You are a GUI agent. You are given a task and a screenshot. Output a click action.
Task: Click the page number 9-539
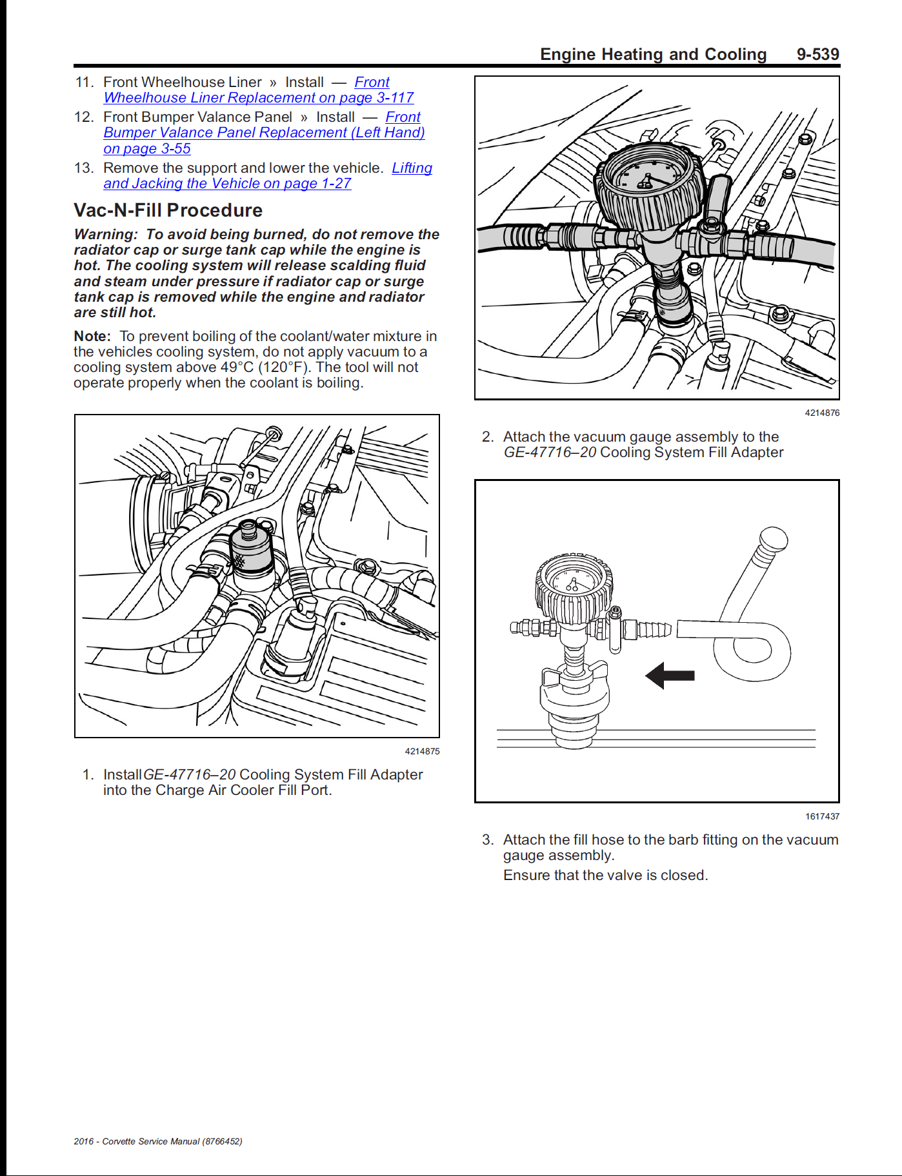pyautogui.click(x=817, y=54)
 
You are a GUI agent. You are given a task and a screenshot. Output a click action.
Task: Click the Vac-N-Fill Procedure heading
pyautogui.click(x=168, y=210)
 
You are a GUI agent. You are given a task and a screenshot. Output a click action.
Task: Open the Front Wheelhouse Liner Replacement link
pyautogui.click(x=258, y=97)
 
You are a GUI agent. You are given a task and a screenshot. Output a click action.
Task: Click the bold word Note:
pyautogui.click(x=92, y=336)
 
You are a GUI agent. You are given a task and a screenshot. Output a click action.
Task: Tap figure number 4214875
pyautogui.click(x=422, y=751)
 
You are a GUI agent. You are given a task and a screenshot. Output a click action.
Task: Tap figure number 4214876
pyautogui.click(x=821, y=413)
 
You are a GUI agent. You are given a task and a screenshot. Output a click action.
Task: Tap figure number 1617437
pyautogui.click(x=821, y=816)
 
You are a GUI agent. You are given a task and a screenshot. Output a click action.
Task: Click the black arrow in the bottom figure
pyautogui.click(x=670, y=676)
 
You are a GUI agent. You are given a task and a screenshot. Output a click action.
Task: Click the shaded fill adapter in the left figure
pyautogui.click(x=252, y=551)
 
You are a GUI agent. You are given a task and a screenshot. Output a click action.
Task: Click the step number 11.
pyautogui.click(x=85, y=82)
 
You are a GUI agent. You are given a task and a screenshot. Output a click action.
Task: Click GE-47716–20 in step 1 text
pyautogui.click(x=189, y=774)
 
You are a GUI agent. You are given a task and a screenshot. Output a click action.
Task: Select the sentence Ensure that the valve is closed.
pyautogui.click(x=605, y=875)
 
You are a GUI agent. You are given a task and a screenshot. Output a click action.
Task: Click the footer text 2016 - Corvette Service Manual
pyautogui.click(x=157, y=1141)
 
